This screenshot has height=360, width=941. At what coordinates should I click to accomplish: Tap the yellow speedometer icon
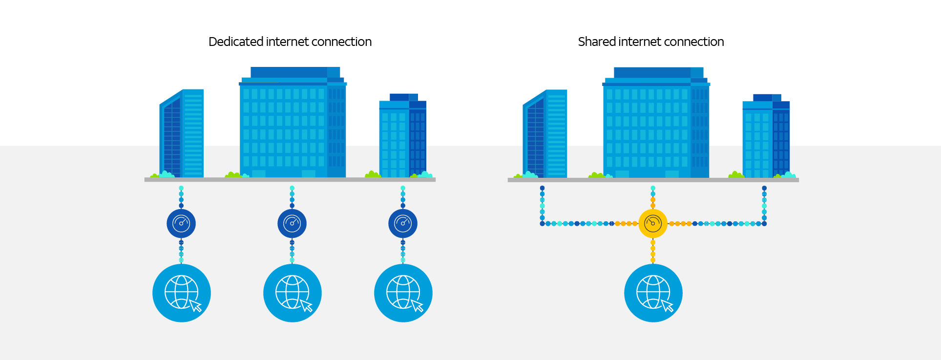coord(653,224)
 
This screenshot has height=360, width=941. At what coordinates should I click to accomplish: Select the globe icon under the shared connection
coord(653,293)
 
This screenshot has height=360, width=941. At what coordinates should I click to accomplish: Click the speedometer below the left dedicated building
coord(181,224)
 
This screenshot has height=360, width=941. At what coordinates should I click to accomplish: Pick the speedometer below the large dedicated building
coord(292,224)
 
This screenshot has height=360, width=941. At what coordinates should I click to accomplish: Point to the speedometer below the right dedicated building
coord(403,224)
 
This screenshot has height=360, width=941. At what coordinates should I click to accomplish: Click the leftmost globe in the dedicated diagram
coord(182,293)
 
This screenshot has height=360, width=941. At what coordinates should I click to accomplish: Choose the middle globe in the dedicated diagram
coord(293,293)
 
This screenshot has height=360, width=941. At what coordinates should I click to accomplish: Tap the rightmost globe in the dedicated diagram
coord(403,293)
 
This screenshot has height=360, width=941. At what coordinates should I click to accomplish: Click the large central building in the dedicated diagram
coord(293,127)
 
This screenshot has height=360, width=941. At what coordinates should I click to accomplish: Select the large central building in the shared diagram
coord(656,127)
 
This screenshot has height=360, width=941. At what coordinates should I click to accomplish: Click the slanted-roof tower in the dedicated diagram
coord(182,134)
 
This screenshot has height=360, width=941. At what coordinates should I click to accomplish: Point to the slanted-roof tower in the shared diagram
coord(545,134)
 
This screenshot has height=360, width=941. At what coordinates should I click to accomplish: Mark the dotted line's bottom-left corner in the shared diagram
coord(542,224)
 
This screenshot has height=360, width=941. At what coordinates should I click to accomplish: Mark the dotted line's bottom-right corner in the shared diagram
coord(764,224)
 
